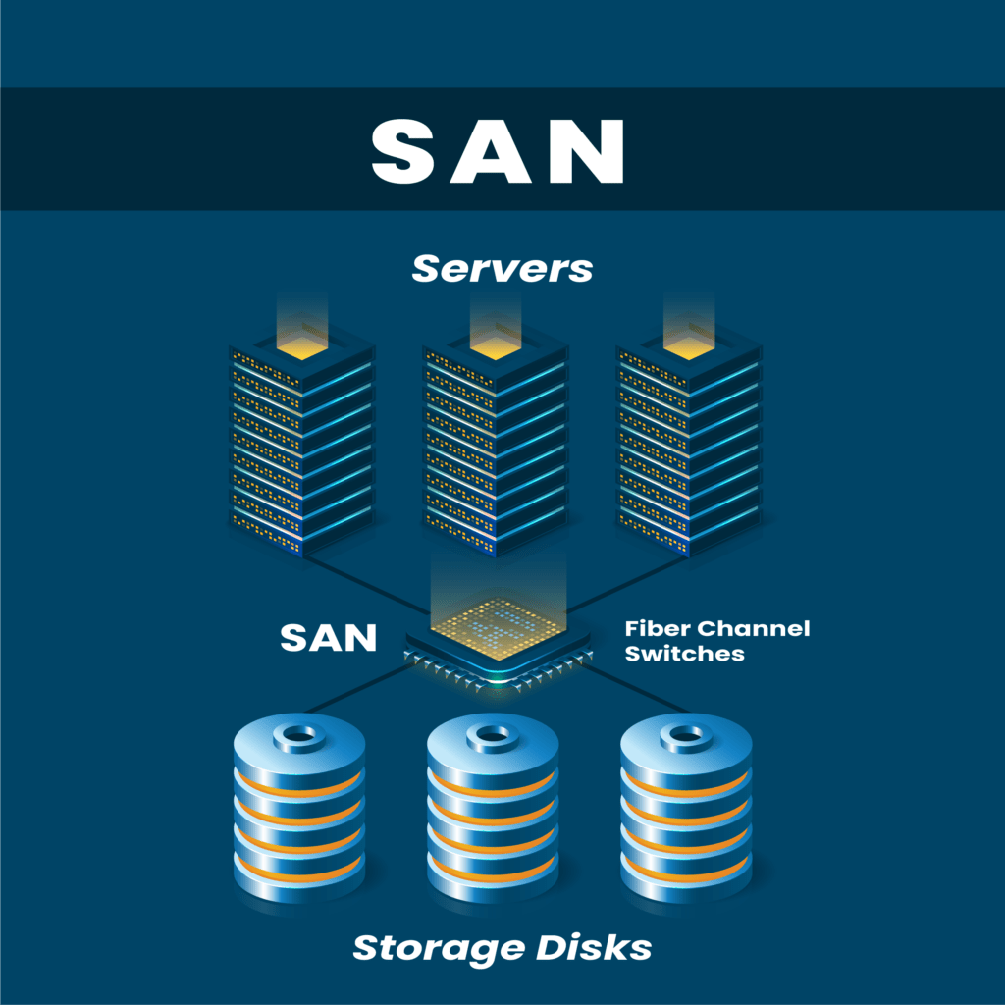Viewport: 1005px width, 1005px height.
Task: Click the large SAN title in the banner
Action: pos(498,151)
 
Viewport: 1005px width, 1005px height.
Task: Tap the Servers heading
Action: pos(502,268)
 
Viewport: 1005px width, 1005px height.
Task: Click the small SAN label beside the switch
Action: pos(328,638)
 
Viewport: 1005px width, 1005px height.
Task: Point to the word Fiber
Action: pos(657,628)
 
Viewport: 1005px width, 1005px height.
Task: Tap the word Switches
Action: pos(684,653)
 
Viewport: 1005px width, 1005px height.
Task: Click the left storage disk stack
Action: pos(300,805)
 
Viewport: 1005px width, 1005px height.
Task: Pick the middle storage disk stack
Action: pos(493,805)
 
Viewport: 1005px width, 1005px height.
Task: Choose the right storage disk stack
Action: pos(686,805)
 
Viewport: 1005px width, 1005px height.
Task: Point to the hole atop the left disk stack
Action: pos(300,734)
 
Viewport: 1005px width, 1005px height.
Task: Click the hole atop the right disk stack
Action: pos(686,734)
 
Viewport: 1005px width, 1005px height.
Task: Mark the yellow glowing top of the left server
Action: pos(302,339)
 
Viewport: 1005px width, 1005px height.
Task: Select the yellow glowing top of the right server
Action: pos(689,339)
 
